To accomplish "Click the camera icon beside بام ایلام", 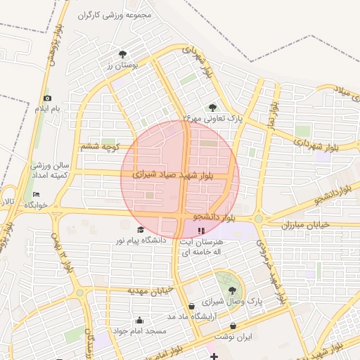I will click(47, 98).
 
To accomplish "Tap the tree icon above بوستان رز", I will click(122, 53).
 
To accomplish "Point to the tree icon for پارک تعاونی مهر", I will click(212, 108).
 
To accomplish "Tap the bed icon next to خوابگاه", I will click(37, 195).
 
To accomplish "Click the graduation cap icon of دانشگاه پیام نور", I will click(140, 230).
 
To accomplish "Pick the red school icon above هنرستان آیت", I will click(202, 230).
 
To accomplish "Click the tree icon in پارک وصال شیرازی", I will click(231, 289).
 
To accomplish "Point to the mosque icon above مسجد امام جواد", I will click(139, 320).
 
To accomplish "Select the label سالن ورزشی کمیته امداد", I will click(49, 169).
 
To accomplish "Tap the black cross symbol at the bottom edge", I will click(214, 356).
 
